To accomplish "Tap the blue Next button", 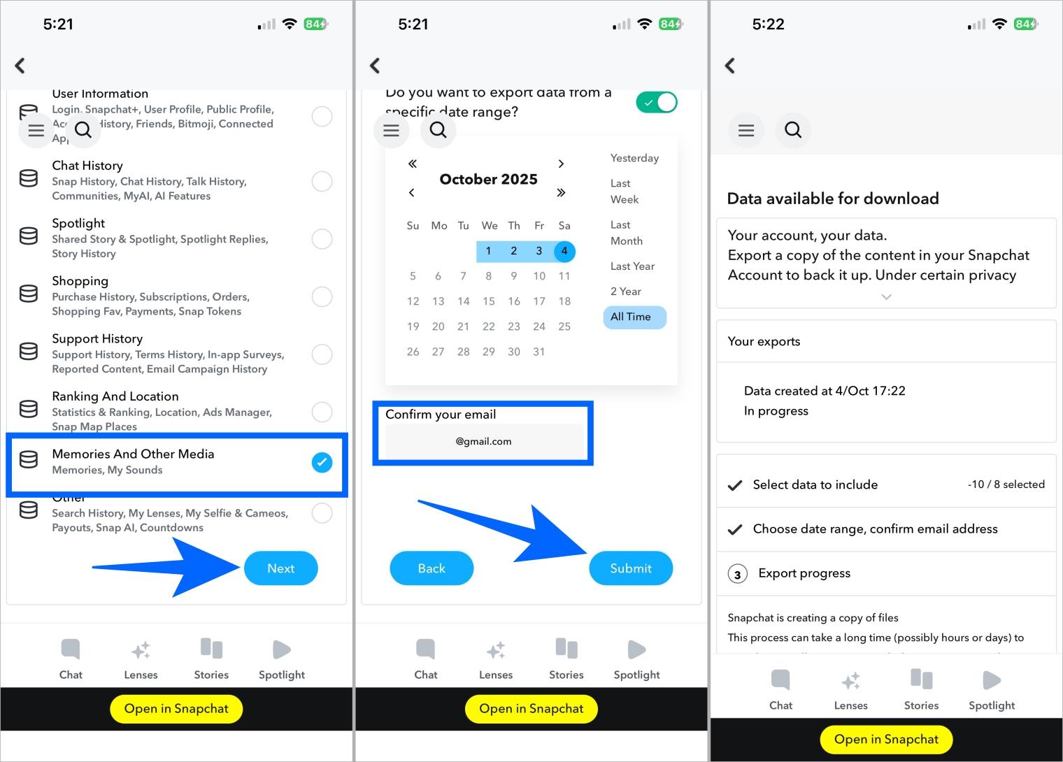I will (280, 568).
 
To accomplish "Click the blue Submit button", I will (630, 568).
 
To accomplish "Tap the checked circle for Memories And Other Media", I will (322, 462).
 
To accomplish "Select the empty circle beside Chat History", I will (322, 181).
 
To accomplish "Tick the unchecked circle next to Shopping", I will (322, 296).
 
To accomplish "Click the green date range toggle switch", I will (656, 103).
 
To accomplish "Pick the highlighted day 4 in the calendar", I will (564, 251).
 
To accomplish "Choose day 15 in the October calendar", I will (488, 301).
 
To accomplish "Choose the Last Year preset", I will (632, 266).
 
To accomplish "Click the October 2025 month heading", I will (488, 179).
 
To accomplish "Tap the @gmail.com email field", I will (484, 441).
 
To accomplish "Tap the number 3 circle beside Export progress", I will (737, 574).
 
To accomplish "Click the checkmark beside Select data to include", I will (735, 485).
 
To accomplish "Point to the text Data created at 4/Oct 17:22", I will (825, 391).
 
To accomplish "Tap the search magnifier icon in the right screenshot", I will (793, 130).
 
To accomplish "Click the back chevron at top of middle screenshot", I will (375, 66).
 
